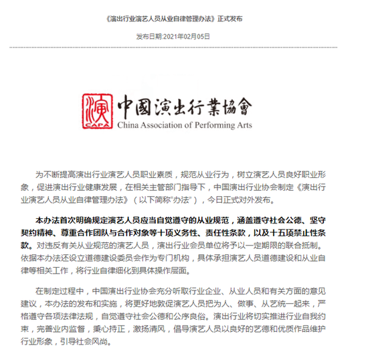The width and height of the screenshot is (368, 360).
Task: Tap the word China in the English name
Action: (x=128, y=124)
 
